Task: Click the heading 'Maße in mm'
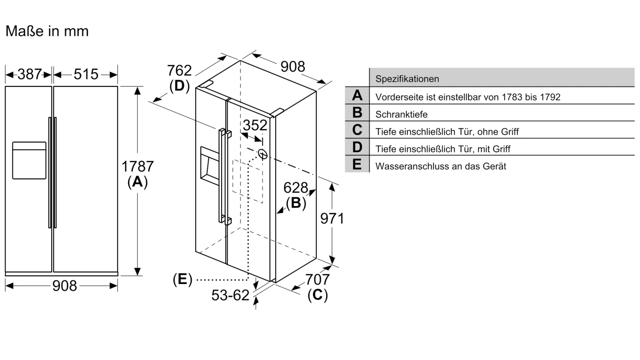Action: click(47, 31)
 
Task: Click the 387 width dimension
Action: click(30, 74)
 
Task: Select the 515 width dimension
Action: click(86, 74)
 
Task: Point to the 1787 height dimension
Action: click(138, 166)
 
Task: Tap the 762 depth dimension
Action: click(179, 70)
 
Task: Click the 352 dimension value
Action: click(255, 125)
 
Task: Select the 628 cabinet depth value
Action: click(296, 188)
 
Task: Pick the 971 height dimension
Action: click(332, 218)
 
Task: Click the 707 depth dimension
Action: click(318, 280)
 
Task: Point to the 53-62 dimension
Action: click(230, 295)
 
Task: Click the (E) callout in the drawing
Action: click(182, 279)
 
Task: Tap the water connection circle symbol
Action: click(263, 154)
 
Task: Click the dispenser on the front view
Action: click(29, 160)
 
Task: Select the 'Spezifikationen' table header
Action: click(407, 79)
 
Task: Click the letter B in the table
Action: click(357, 112)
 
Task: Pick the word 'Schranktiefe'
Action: click(402, 114)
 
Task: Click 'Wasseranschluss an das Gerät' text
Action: click(440, 166)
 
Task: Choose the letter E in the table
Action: click(357, 164)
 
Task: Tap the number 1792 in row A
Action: click(548, 97)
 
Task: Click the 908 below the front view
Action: click(64, 286)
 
